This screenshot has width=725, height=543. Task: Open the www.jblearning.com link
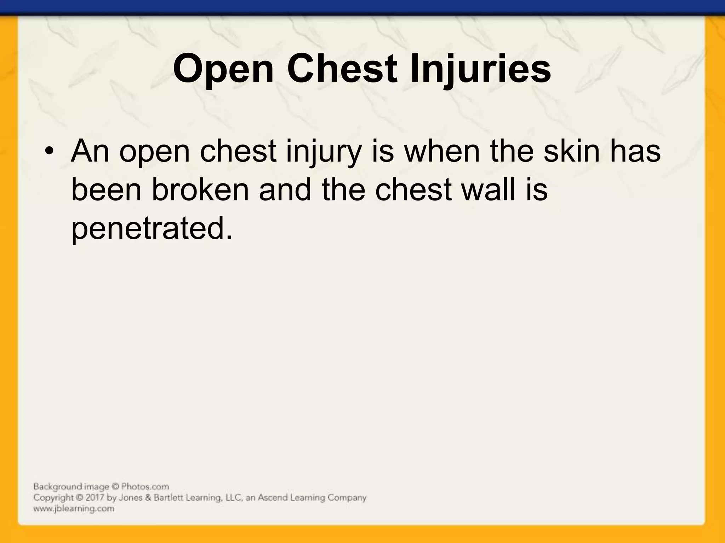[x=74, y=509]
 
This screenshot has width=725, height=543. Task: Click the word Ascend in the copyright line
[x=272, y=498]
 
